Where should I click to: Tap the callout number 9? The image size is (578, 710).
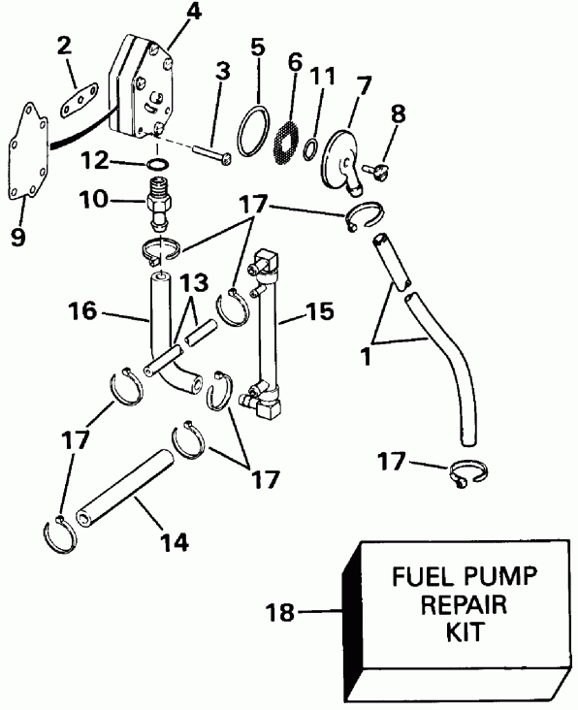pos(18,235)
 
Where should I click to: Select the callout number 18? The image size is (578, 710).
pos(279,612)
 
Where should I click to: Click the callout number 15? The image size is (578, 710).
pos(319,312)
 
